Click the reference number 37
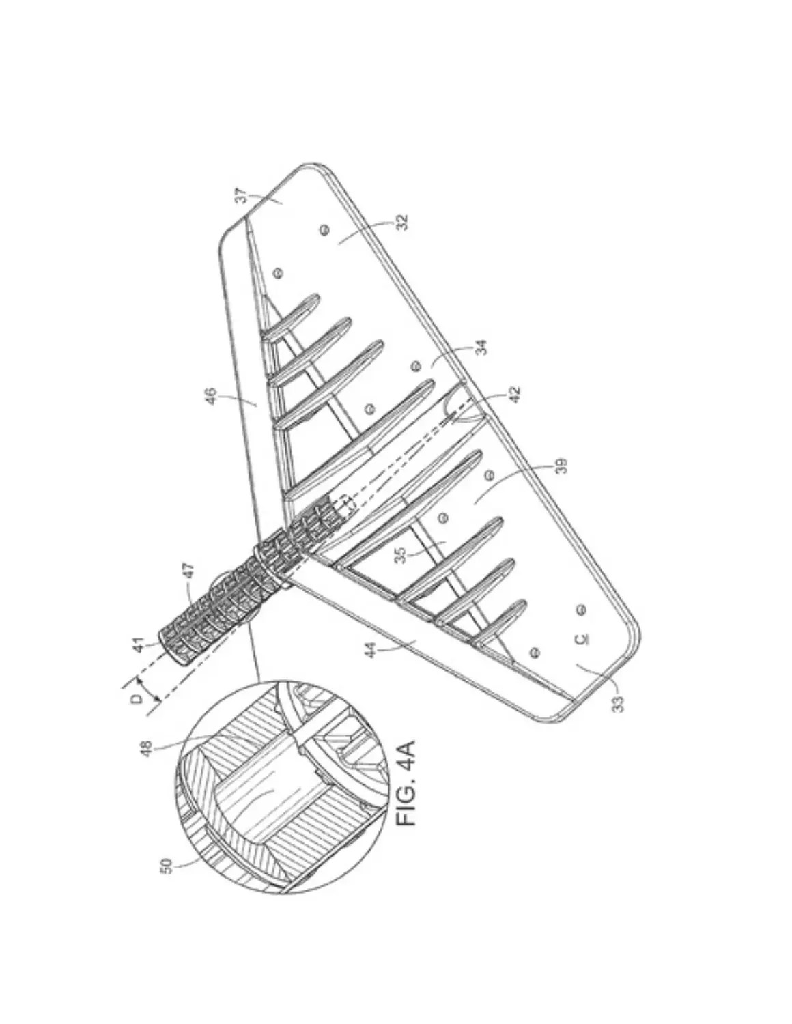pos(240,196)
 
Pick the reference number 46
pos(212,396)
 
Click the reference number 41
pos(139,645)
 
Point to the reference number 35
pos(400,555)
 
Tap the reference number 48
pos(147,750)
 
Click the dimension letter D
pos(136,699)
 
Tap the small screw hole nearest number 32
pos(324,229)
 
